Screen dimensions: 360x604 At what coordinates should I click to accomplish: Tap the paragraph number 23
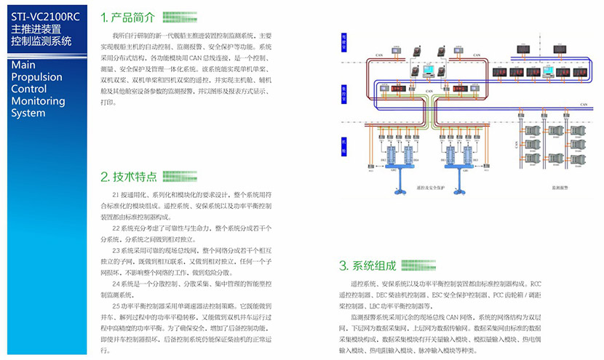(x=116, y=249)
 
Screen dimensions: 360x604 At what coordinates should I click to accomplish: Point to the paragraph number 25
(x=116, y=306)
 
